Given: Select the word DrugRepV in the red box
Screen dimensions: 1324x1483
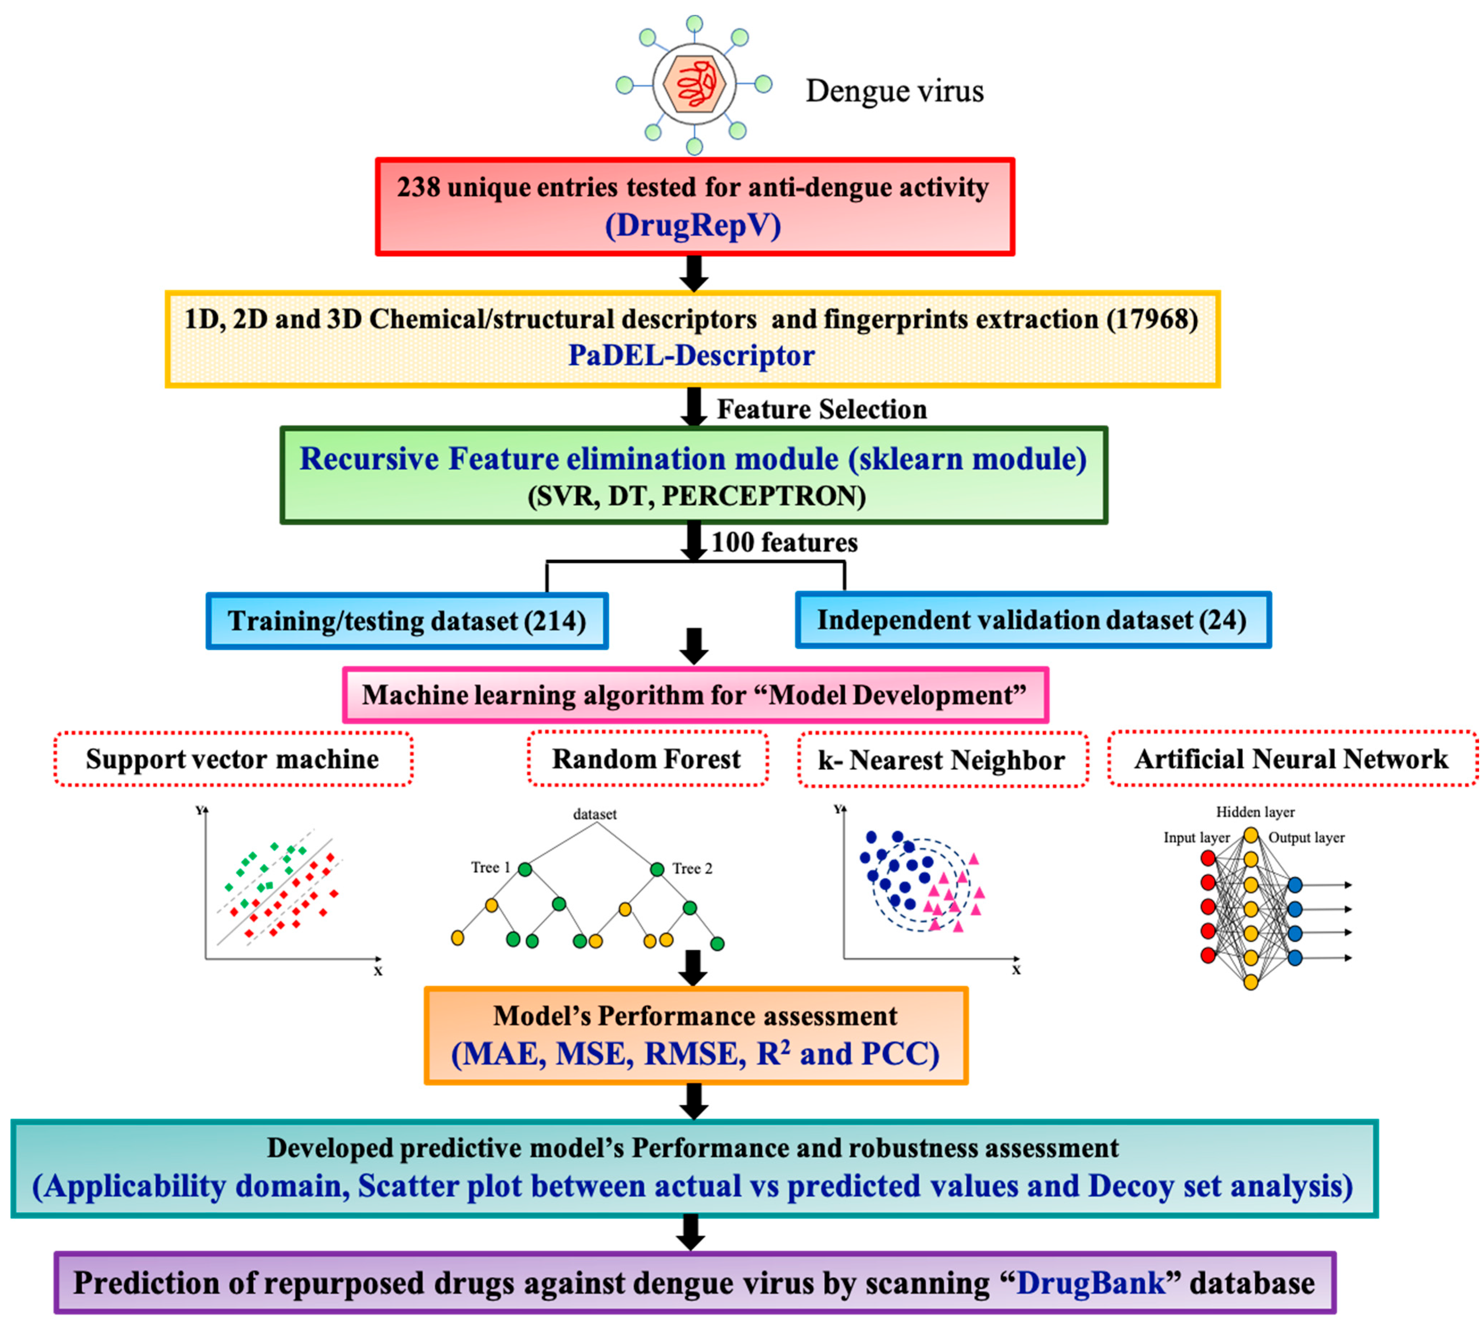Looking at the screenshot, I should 693,226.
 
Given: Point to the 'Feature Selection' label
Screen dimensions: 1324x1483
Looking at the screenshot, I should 822,410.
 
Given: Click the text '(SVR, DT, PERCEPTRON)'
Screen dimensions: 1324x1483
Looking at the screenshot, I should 696,496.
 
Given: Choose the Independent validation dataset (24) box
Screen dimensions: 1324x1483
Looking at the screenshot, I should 1032,620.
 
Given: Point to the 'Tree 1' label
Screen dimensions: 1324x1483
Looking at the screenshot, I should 490,867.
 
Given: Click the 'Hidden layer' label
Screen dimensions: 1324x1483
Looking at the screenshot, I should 1255,812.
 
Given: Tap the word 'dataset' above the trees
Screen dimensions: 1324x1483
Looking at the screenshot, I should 594,814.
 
